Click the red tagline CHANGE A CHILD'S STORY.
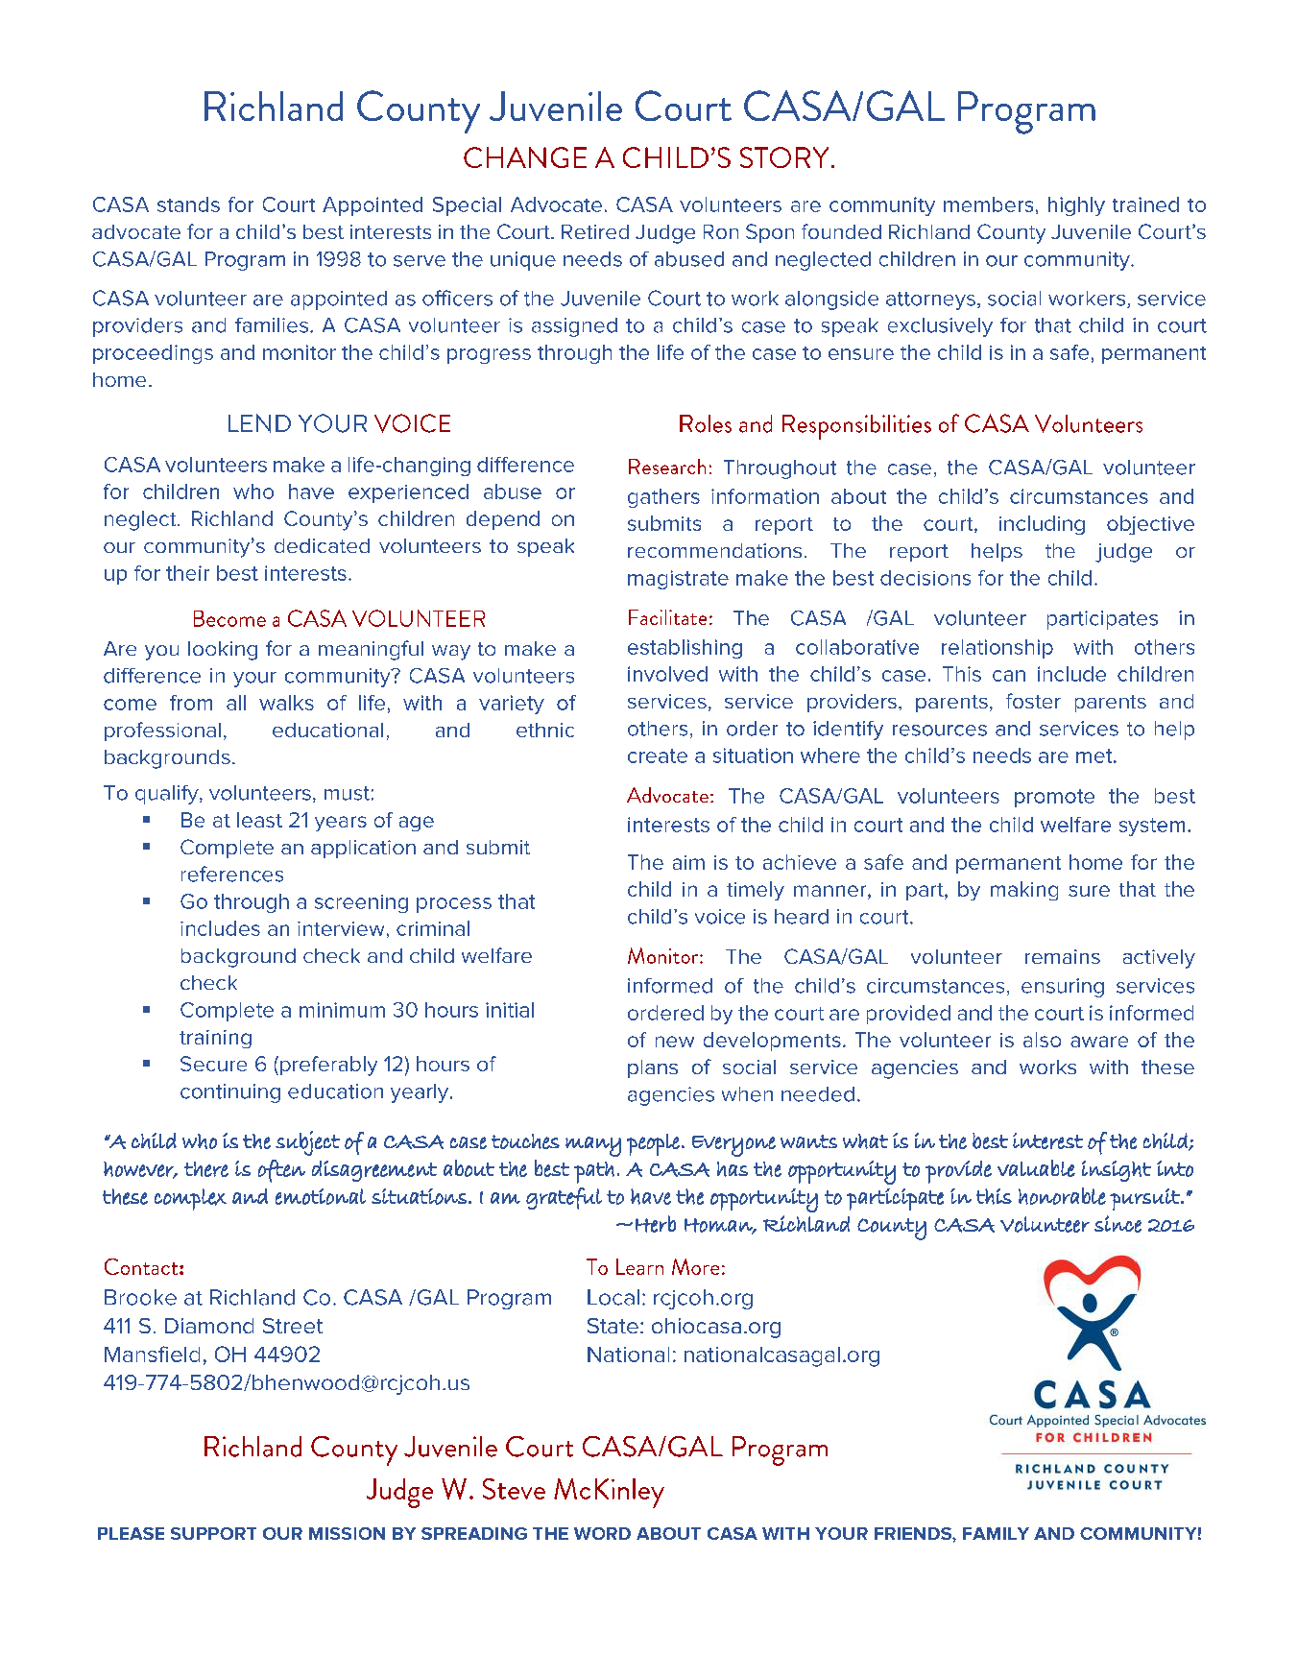tap(649, 157)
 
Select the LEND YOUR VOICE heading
tap(338, 424)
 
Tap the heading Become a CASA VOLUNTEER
tap(339, 618)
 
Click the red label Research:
tap(669, 468)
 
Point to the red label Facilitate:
tap(669, 618)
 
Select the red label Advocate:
tap(670, 796)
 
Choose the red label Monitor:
tap(665, 957)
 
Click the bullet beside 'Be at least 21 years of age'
tap(147, 820)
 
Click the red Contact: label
tap(144, 1268)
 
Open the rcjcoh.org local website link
tap(703, 1298)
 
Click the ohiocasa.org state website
tap(715, 1326)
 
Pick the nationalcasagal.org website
tap(781, 1355)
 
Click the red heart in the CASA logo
tap(1093, 1280)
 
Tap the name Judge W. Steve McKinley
tap(515, 1490)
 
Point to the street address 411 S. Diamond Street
tap(213, 1326)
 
